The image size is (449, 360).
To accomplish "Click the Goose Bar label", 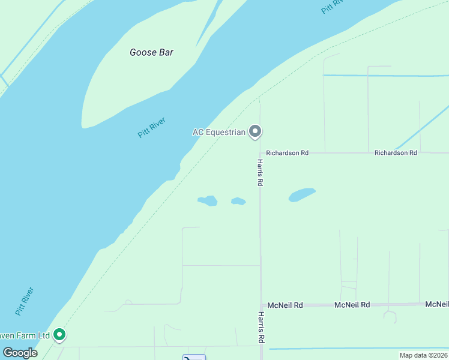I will click(151, 52).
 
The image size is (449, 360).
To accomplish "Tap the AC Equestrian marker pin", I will click(255, 131).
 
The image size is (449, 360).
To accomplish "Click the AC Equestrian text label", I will click(219, 132).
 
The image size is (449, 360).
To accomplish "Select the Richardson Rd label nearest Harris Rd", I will click(287, 153).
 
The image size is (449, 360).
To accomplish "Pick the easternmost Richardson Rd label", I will click(396, 153).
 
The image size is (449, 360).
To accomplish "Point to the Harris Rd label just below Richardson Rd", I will click(260, 173).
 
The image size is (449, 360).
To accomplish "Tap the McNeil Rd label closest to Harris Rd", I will click(285, 305).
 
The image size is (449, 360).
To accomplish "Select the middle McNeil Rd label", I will click(352, 305).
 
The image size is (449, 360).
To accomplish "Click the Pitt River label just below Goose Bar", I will click(152, 127).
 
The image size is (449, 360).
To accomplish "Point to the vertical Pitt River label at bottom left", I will click(25, 302).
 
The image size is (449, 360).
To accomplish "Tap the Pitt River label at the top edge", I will click(334, 5).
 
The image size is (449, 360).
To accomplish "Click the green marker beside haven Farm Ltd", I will click(59, 335).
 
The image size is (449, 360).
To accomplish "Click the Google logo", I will click(20, 353).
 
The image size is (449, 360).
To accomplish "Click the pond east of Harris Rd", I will click(302, 195).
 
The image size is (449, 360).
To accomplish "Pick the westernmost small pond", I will click(208, 200).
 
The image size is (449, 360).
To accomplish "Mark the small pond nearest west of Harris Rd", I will click(238, 201).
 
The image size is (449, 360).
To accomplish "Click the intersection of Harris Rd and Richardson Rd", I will click(260, 153).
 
